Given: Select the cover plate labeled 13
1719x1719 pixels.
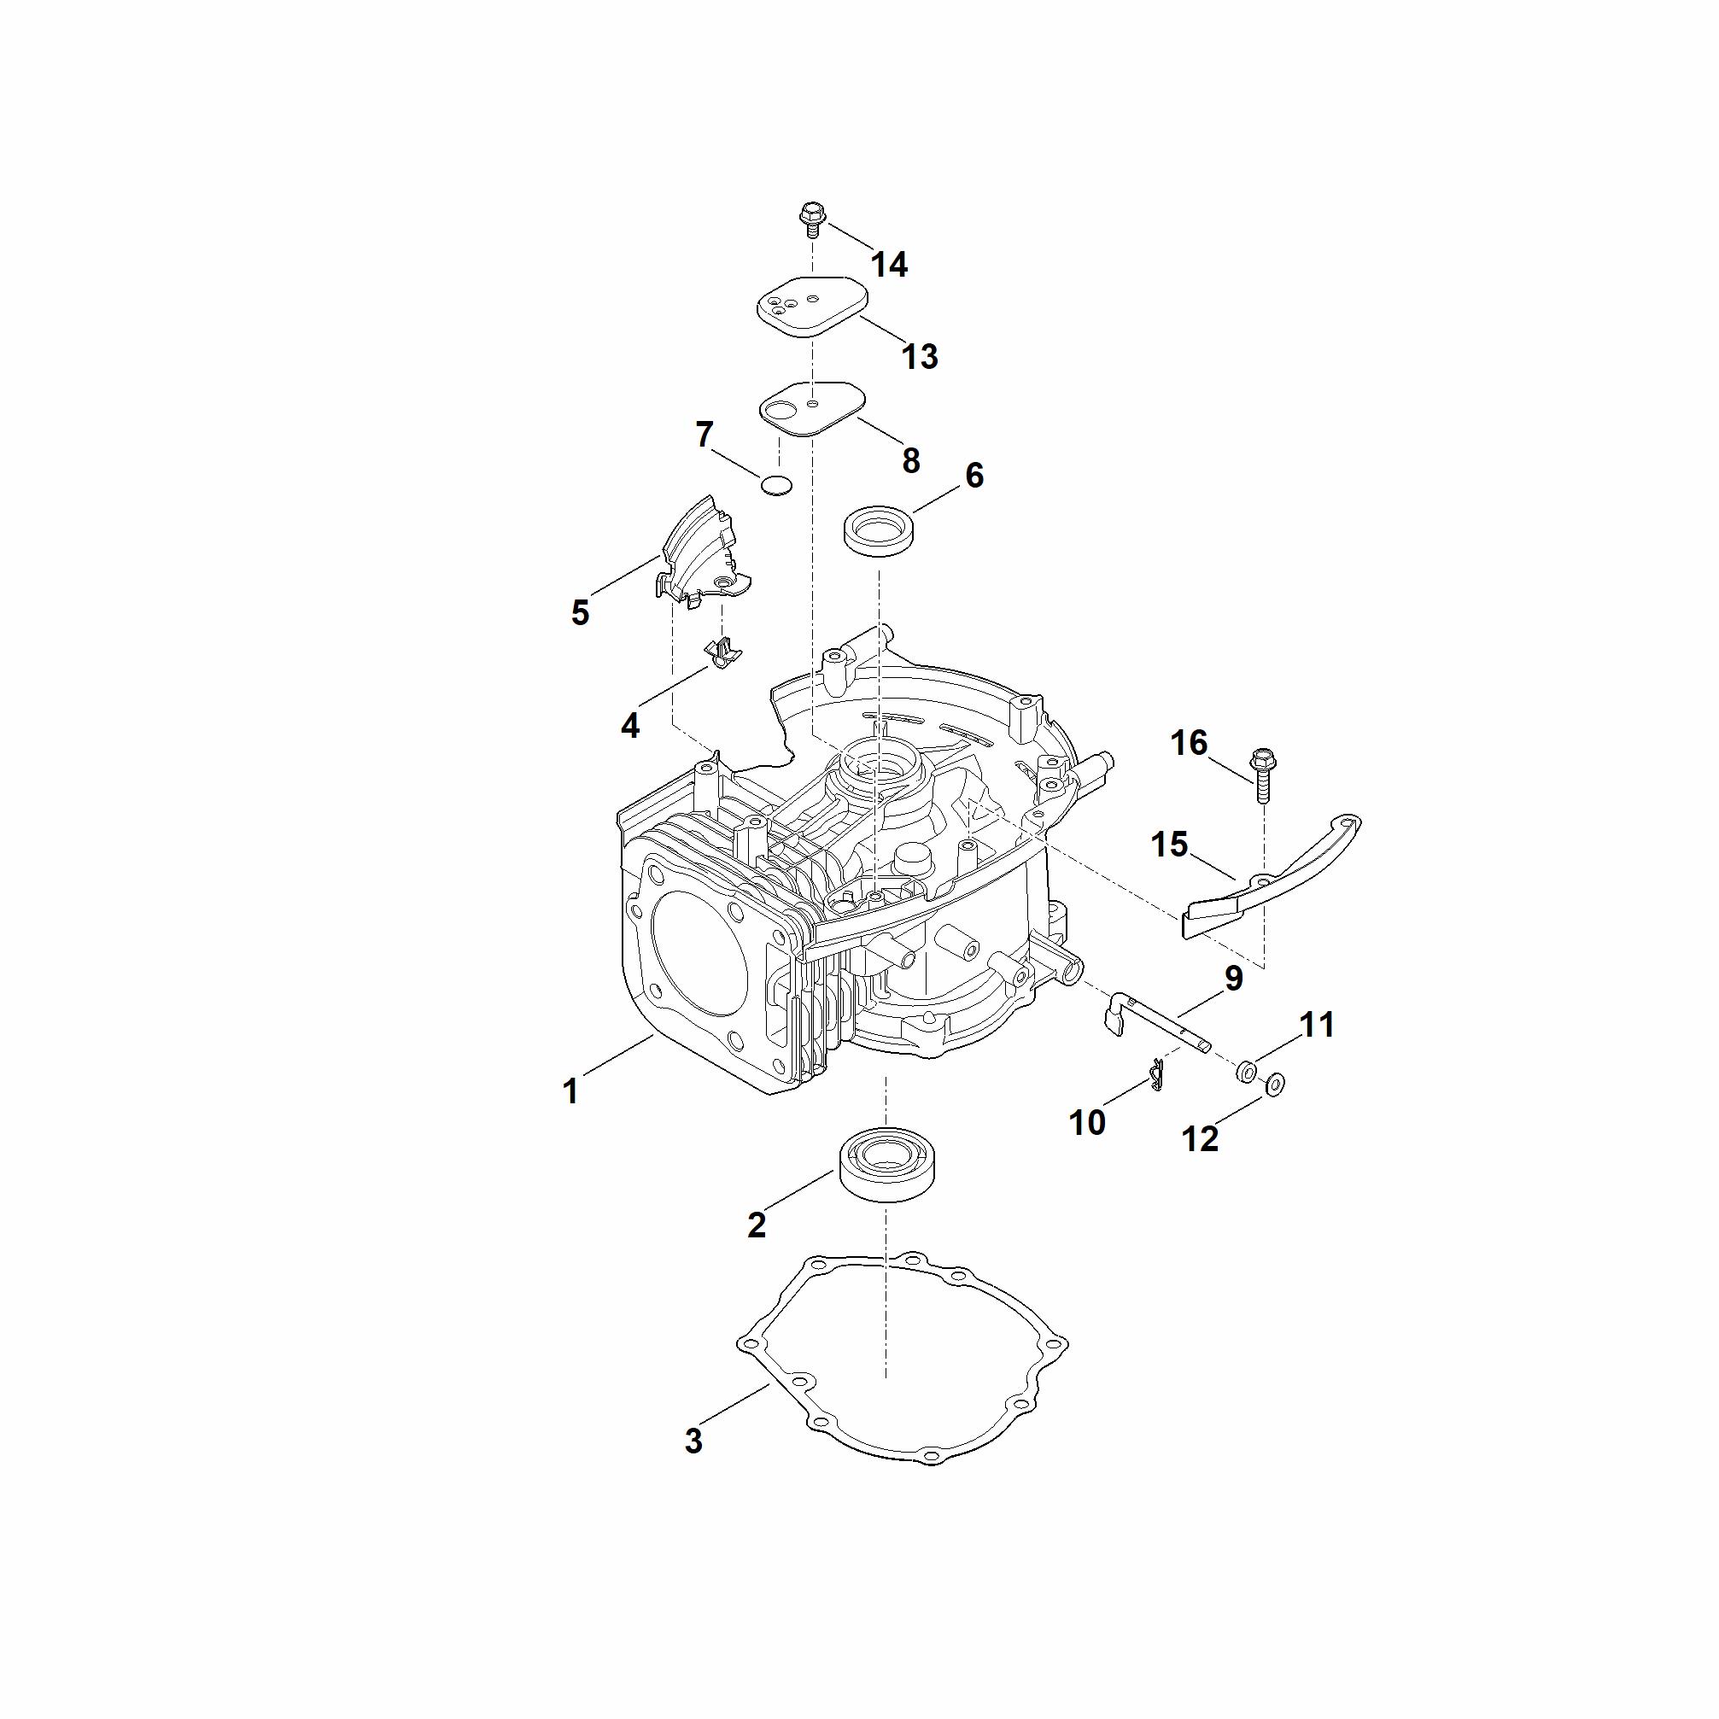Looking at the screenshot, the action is point(810,305).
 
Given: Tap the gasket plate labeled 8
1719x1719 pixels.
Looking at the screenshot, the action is point(812,406).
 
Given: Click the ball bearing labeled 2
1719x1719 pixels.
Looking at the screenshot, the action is point(887,1166).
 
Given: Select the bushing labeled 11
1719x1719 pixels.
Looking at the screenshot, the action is point(1246,1070).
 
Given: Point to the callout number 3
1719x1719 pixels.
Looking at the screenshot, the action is point(694,1441).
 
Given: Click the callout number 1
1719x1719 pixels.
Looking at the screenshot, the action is point(570,1090).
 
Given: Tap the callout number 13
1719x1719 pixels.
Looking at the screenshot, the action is point(920,356).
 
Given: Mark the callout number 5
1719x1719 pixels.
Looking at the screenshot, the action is point(580,612).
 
